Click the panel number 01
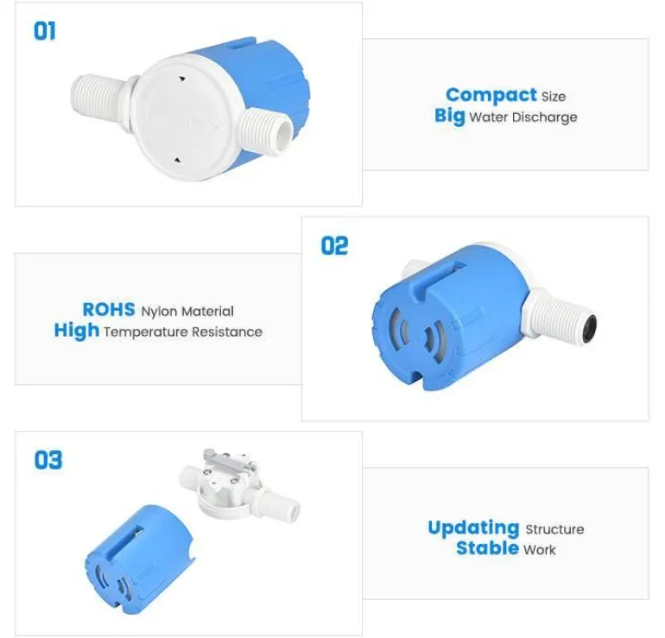(45, 31)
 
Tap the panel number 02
(334, 246)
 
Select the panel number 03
(47, 460)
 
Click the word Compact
(491, 95)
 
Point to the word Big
(450, 116)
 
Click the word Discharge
(545, 117)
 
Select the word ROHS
(109, 309)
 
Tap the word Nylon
(159, 312)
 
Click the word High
(77, 331)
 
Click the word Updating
(474, 528)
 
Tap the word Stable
(487, 548)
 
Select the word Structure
(554, 529)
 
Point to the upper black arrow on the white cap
(182, 79)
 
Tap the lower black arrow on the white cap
(177, 161)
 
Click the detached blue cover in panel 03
(139, 559)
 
